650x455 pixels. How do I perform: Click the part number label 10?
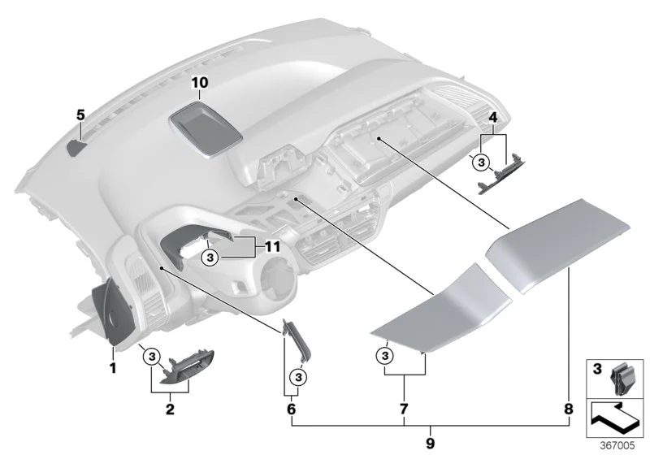pyautogui.click(x=199, y=82)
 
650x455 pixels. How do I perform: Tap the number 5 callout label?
pyautogui.click(x=80, y=115)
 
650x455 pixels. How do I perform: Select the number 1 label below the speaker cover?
pyautogui.click(x=112, y=367)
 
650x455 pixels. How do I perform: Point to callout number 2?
pyautogui.click(x=170, y=409)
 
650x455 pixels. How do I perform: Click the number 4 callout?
pyautogui.click(x=492, y=118)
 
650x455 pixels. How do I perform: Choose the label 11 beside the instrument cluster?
pyautogui.click(x=272, y=247)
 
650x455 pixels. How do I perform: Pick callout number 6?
pyautogui.click(x=292, y=409)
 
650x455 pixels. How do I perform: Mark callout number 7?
pyautogui.click(x=404, y=409)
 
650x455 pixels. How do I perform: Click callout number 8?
pyautogui.click(x=569, y=409)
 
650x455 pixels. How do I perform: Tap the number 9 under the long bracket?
pyautogui.click(x=431, y=444)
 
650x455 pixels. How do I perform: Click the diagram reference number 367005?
pyautogui.click(x=617, y=445)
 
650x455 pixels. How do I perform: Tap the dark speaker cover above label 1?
pyautogui.click(x=113, y=311)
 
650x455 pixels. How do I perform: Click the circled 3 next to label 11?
pyautogui.click(x=210, y=258)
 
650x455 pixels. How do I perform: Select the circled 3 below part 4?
pyautogui.click(x=481, y=162)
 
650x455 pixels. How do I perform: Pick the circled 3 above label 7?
pyautogui.click(x=385, y=356)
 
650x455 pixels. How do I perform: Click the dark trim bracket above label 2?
pyautogui.click(x=188, y=368)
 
